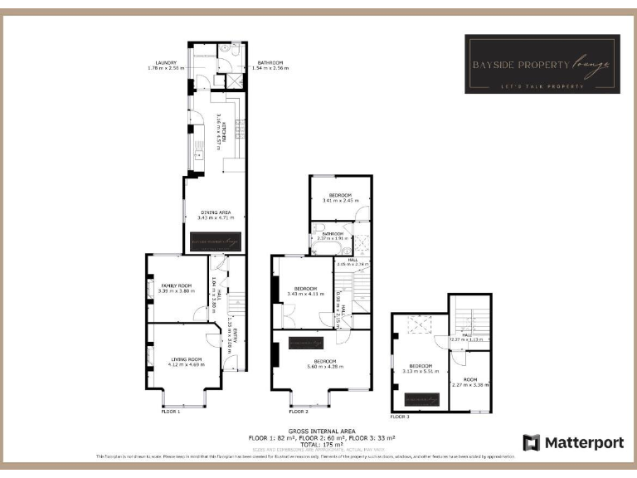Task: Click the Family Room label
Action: (176, 288)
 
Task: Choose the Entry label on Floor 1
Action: (236, 336)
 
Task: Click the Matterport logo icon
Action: (532, 442)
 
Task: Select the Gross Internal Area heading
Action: (322, 432)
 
